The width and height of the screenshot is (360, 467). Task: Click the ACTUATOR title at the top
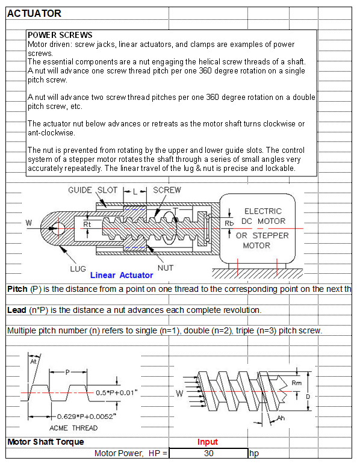coord(34,13)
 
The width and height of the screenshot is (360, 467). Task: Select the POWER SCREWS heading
coord(60,35)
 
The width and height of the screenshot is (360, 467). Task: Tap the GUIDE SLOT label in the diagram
coord(93,190)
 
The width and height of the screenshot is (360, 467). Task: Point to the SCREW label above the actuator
coord(167,190)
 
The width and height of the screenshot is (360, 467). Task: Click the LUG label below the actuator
coord(78,269)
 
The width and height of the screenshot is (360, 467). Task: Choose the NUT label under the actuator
coord(166,268)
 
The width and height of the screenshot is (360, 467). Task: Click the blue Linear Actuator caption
coord(122,275)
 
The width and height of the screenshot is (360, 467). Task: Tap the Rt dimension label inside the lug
coord(87,224)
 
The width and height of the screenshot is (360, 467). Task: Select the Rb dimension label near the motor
coord(229,223)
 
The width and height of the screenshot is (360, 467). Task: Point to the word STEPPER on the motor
coord(270,235)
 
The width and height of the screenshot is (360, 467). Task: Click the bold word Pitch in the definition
coord(17,289)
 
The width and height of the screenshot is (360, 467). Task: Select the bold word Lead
coord(17,311)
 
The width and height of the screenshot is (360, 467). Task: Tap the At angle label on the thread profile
coord(33,361)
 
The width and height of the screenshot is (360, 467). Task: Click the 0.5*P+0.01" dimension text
coord(117,393)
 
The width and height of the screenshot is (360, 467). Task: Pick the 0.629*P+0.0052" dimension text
coord(87,416)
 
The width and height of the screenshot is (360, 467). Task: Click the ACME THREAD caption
coord(73,428)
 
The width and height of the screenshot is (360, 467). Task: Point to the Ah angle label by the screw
coord(281,418)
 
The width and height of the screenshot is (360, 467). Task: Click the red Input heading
coord(208,442)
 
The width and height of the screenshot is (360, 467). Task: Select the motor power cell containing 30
coord(209,453)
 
